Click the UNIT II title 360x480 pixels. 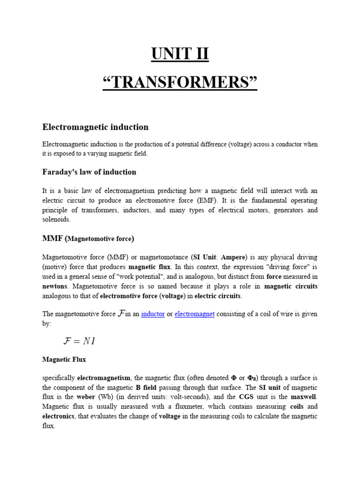click(x=180, y=54)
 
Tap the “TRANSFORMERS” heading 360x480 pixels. click(x=180, y=83)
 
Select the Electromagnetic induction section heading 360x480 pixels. click(x=95, y=127)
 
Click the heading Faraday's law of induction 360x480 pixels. click(x=89, y=172)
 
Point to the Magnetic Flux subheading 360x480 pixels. click(x=64, y=360)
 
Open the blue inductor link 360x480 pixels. click(x=153, y=314)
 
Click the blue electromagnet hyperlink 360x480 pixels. click(x=195, y=314)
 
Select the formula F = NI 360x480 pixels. click(x=79, y=341)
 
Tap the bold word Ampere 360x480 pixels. click(x=233, y=257)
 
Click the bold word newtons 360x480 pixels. click(x=55, y=286)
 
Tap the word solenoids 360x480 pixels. click(x=56, y=219)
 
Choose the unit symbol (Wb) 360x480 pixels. click(x=108, y=397)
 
